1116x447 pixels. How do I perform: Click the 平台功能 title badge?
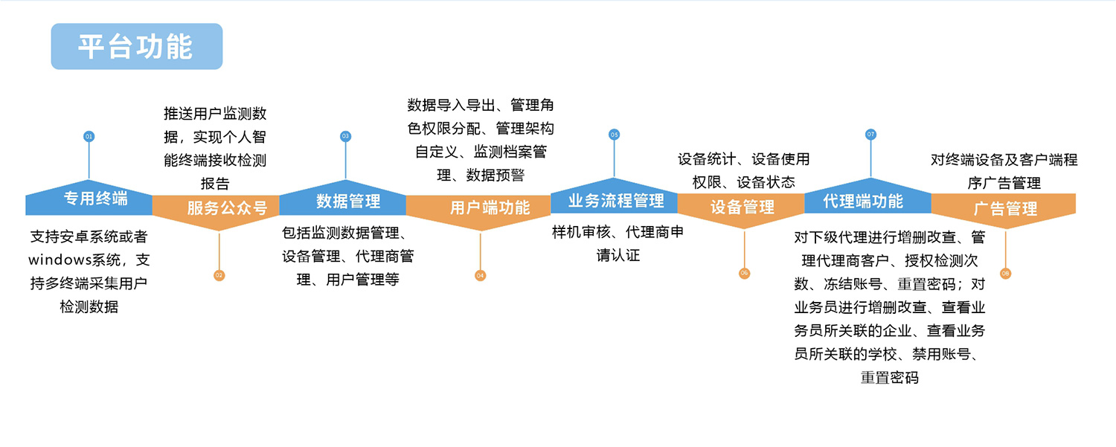[136, 46]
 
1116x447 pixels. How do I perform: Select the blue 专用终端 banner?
[94, 199]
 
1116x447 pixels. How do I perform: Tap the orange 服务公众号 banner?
[226, 208]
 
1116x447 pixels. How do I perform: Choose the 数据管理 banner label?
[347, 201]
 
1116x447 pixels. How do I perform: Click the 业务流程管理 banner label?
[615, 201]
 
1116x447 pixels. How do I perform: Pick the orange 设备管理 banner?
[742, 208]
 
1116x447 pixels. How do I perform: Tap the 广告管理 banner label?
[1005, 209]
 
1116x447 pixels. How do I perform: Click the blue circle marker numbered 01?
[89, 137]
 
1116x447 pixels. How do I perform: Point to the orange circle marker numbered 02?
[219, 275]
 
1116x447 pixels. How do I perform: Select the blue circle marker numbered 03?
[345, 136]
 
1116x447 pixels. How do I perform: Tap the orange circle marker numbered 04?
[480, 275]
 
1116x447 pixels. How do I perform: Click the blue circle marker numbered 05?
[614, 135]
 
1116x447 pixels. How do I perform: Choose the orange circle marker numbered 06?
[744, 274]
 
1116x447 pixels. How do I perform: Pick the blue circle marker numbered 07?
[870, 135]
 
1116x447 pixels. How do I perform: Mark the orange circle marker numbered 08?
[1006, 274]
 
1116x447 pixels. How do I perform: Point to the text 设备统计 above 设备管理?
[707, 158]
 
